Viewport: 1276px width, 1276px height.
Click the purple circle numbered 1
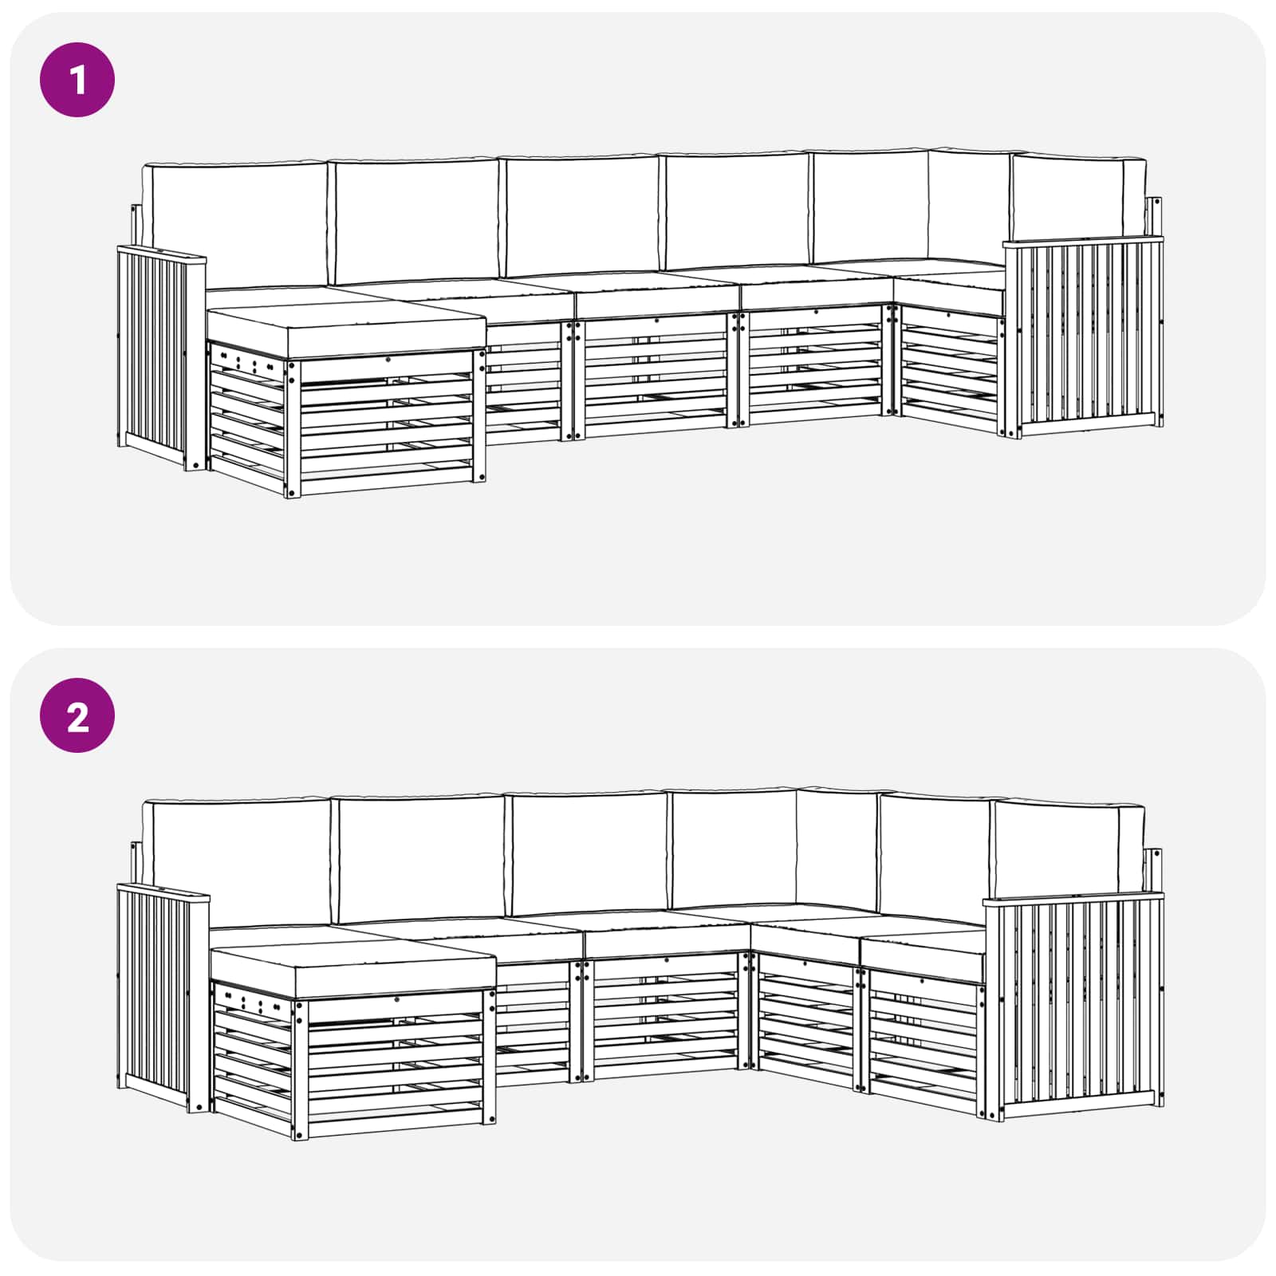coord(77,80)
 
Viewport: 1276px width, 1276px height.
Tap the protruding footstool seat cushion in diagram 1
coord(347,328)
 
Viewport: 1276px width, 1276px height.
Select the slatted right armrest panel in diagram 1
coord(1085,335)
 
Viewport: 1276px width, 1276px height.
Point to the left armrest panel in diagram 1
coord(156,351)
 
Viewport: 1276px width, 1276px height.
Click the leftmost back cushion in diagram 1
coord(235,223)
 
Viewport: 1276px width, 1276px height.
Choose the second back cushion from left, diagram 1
coord(415,219)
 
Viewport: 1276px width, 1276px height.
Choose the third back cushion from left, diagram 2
coord(589,853)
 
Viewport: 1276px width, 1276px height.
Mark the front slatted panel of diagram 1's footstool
coord(387,423)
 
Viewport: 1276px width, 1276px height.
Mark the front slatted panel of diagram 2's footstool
coord(395,1065)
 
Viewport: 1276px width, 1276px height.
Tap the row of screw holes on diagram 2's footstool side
coord(251,1002)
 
